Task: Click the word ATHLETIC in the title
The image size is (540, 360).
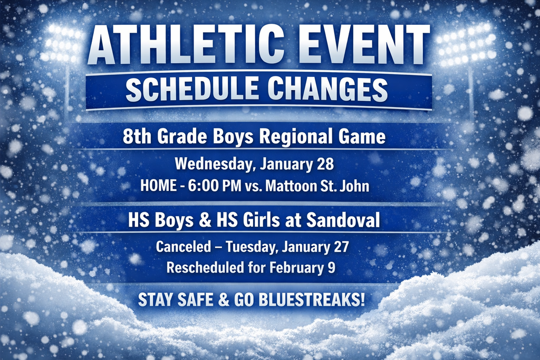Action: pos(186,44)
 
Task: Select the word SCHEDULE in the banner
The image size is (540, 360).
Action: pos(192,89)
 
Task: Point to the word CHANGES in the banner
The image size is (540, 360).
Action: pos(328,89)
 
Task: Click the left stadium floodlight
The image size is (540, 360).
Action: pos(62,43)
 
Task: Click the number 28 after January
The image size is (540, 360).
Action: pos(325,164)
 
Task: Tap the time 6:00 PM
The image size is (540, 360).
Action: pos(215,186)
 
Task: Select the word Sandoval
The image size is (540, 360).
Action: pos(343,220)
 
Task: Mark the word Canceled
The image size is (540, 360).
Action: pos(184,247)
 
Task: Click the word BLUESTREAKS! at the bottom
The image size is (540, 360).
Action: pos(312,300)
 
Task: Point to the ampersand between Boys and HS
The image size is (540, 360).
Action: pos(205,220)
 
